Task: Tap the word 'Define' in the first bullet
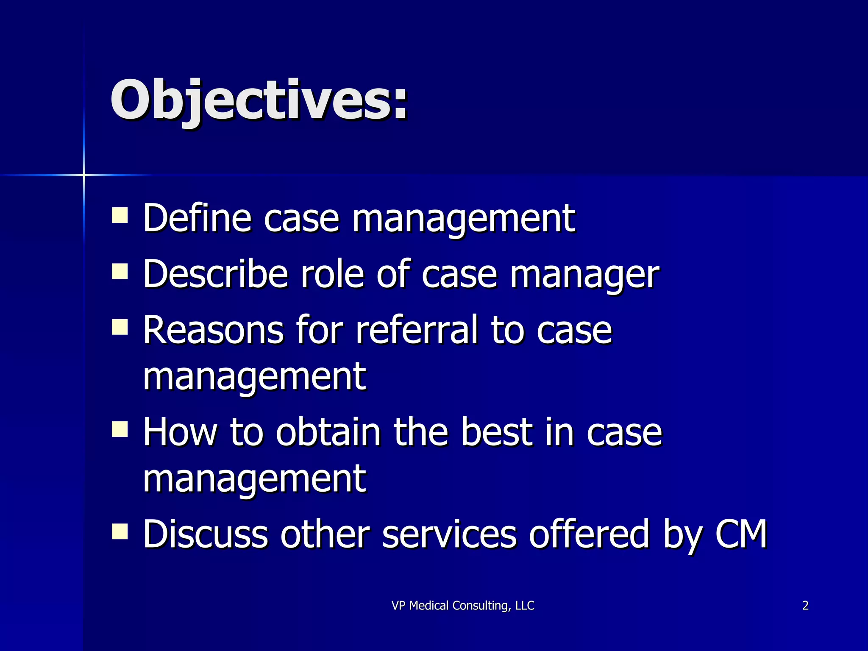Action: coord(198,218)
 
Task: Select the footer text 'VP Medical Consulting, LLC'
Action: coord(463,606)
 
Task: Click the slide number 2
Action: coord(805,606)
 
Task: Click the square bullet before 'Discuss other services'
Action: coord(120,531)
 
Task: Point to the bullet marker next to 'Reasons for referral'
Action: coord(120,327)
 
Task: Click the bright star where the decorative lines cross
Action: coord(84,175)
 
